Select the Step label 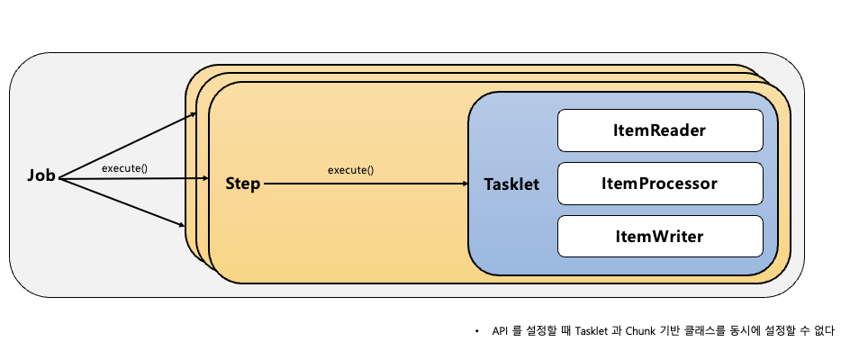tap(242, 184)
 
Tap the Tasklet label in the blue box tap(511, 184)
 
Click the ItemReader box tap(660, 130)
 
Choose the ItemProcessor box tap(660, 184)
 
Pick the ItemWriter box tap(660, 236)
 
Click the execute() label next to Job tap(124, 168)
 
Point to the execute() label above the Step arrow tap(350, 169)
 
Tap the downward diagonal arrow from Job tap(126, 203)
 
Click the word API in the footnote tap(500, 331)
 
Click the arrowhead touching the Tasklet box tap(463, 184)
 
